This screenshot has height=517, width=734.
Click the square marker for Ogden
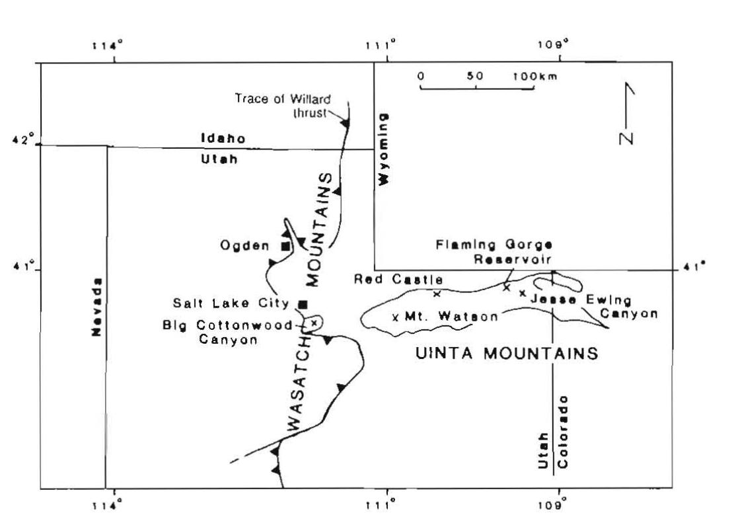(285, 247)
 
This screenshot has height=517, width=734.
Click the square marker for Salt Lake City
(303, 304)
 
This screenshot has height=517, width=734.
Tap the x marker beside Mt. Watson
(395, 317)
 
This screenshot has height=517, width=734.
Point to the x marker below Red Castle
(437, 294)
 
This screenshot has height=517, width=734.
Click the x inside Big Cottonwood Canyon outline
(314, 323)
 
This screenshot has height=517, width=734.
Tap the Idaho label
(223, 139)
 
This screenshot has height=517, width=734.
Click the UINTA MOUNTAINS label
(507, 353)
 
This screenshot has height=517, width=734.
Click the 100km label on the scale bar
(535, 75)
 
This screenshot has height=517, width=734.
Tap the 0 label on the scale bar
(421, 75)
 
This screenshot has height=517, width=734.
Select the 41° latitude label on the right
(698, 266)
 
